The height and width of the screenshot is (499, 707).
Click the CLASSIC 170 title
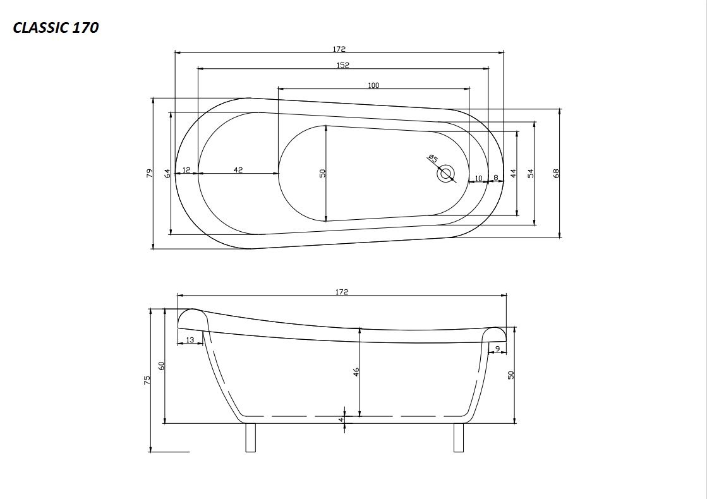click(56, 28)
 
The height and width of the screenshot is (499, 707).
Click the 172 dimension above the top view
click(339, 49)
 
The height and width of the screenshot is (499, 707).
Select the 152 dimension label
click(342, 65)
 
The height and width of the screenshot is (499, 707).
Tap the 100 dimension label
click(373, 85)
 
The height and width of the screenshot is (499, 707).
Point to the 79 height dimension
click(150, 173)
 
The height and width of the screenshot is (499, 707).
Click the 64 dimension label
click(167, 173)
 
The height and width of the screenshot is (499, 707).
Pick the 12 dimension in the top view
click(186, 170)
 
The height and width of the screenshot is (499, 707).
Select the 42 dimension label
click(239, 170)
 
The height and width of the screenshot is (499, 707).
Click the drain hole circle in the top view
click(446, 174)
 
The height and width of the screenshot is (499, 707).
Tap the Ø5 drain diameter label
click(433, 158)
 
